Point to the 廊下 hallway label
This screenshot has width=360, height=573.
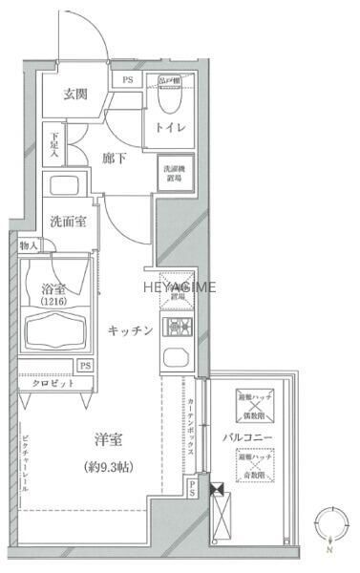coord(115,159)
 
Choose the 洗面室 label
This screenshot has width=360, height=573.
coord(69,221)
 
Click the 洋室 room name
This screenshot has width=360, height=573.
coord(106,439)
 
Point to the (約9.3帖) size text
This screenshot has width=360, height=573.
coord(106,467)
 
